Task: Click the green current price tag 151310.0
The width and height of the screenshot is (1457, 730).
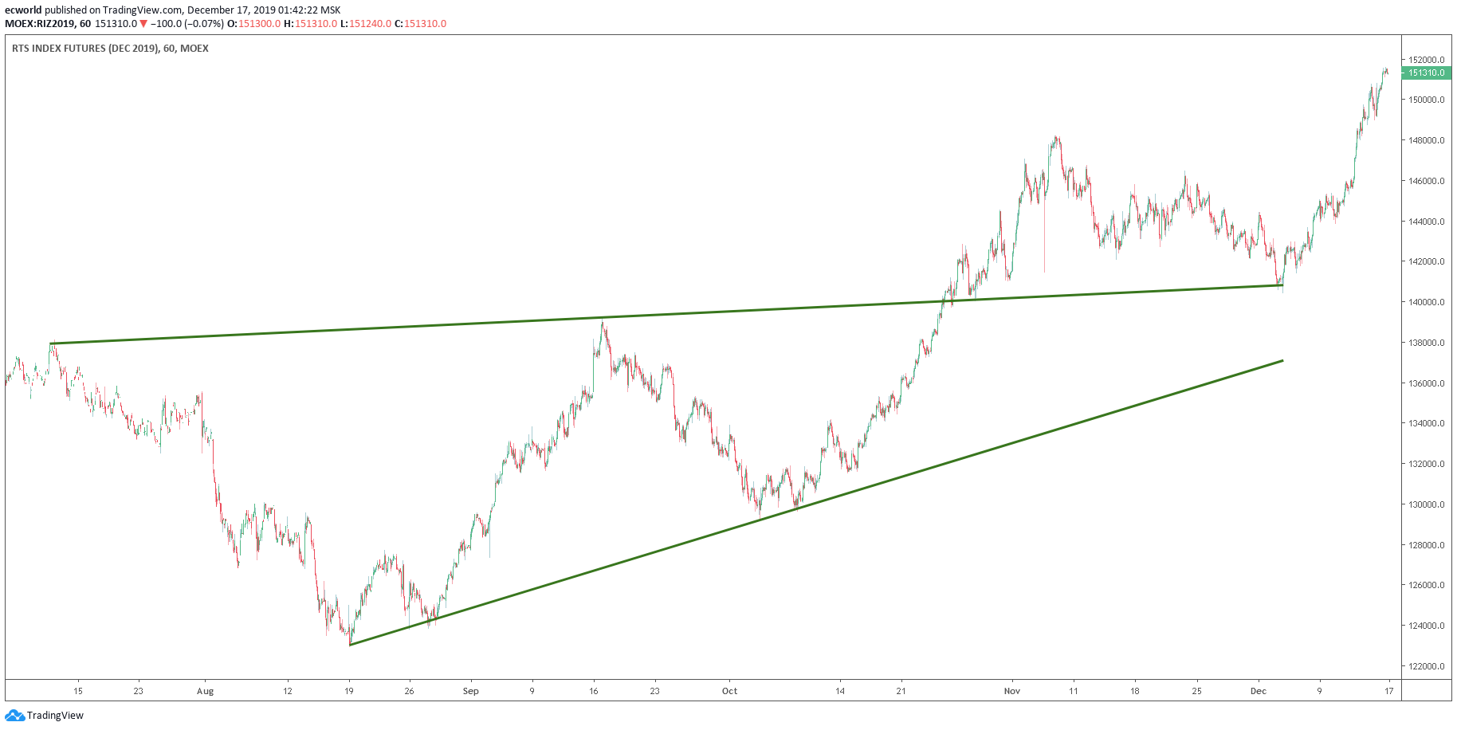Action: pyautogui.click(x=1426, y=73)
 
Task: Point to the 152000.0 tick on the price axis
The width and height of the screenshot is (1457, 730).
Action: pyautogui.click(x=1426, y=60)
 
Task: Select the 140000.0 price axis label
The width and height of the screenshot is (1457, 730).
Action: pyautogui.click(x=1426, y=302)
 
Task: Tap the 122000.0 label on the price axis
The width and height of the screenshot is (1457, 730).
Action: pyautogui.click(x=1426, y=666)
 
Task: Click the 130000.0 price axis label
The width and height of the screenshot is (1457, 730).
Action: pyautogui.click(x=1426, y=504)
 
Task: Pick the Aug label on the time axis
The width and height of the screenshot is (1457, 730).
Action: pyautogui.click(x=206, y=691)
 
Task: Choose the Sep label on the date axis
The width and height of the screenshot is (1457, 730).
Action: pyautogui.click(x=471, y=691)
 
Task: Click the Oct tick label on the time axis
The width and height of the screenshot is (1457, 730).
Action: pyautogui.click(x=729, y=691)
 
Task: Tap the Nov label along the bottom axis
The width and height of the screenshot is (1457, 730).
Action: pyautogui.click(x=1012, y=691)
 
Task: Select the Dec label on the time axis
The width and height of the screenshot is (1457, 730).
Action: pyautogui.click(x=1259, y=691)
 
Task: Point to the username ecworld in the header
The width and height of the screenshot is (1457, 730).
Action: pyautogui.click(x=23, y=10)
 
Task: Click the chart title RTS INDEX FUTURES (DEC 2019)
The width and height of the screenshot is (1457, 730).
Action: pyautogui.click(x=84, y=49)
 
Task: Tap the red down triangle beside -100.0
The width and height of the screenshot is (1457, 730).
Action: pyautogui.click(x=143, y=24)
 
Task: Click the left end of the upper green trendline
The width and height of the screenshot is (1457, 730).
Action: pyautogui.click(x=51, y=343)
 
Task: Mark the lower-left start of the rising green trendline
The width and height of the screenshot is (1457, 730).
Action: pyautogui.click(x=351, y=644)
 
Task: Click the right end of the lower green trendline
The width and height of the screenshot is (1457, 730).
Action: pyautogui.click(x=1282, y=361)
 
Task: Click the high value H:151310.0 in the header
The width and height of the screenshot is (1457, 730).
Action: pyautogui.click(x=311, y=24)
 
